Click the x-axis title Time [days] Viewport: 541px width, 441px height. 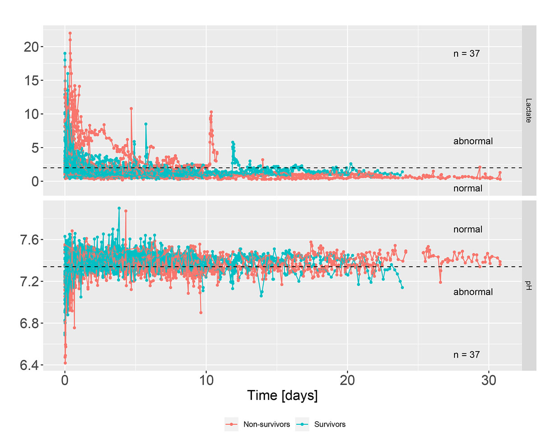tap(282, 395)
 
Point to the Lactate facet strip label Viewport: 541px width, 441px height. tap(529, 110)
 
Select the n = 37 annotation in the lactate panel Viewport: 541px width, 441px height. tap(467, 54)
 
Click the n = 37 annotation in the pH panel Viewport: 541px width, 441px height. tap(467, 355)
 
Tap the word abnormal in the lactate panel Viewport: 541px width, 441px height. tap(473, 141)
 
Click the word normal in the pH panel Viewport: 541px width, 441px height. tap(468, 229)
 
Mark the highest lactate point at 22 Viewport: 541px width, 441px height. tap(70, 33)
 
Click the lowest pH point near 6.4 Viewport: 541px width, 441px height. tap(65, 363)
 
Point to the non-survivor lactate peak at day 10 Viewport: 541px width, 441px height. tap(211, 111)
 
